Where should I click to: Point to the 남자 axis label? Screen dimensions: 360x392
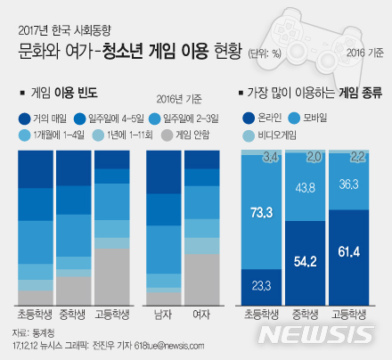click(162, 315)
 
